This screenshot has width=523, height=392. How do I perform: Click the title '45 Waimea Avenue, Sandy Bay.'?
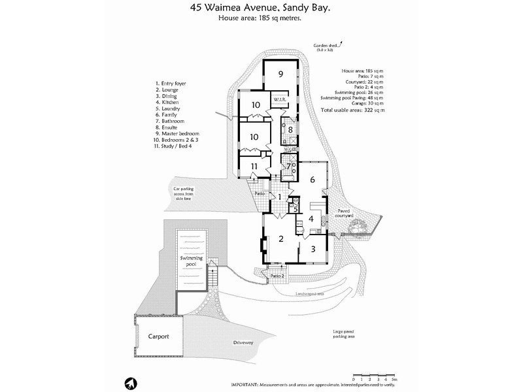coord(261,8)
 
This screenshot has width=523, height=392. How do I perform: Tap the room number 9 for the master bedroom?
coord(280,74)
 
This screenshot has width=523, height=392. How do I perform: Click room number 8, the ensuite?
coord(290,130)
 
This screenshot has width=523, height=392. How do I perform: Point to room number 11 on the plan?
coord(252,166)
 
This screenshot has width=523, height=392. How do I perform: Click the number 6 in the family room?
coord(312,179)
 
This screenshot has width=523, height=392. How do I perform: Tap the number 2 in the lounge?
coord(281,238)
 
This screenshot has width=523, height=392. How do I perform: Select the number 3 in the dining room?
coord(313,249)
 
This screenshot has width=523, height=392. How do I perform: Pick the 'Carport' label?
coord(158,336)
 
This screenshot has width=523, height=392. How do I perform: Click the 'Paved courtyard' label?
coord(348,214)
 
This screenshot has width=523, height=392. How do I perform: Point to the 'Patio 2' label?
coord(277,275)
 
